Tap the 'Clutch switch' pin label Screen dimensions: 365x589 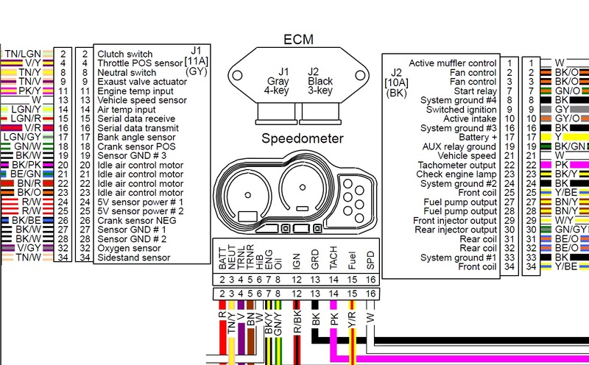click(125, 54)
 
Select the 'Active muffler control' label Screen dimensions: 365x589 click(452, 63)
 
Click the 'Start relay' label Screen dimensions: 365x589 click(475, 91)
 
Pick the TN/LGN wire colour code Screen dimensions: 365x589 click(23, 54)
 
